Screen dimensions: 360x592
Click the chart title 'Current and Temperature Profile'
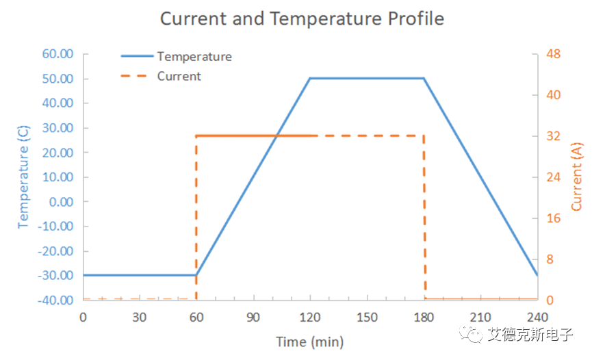302,18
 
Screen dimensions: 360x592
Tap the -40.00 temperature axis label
55,300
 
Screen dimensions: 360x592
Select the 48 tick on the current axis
552,54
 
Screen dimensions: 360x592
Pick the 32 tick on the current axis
552,136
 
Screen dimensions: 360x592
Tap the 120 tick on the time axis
310,317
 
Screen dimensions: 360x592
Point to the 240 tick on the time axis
537,317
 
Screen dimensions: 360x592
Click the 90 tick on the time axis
253,317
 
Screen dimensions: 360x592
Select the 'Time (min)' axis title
309,342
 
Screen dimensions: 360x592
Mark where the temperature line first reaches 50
310,78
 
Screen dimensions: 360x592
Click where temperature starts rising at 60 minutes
196,275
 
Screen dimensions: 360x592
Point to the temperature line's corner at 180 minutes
424,78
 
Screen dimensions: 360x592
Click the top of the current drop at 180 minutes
424,136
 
